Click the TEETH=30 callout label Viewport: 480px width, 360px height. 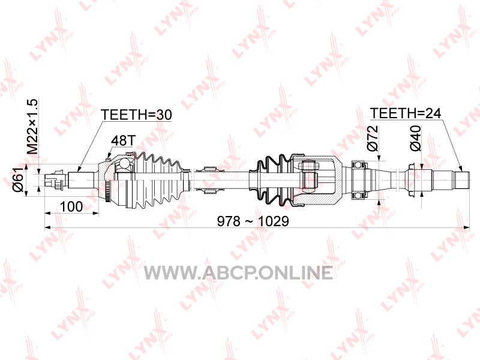tap(136, 115)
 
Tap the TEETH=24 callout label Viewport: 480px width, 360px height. tap(406, 113)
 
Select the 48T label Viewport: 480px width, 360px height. tap(122, 140)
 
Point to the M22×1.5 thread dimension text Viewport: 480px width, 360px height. tap(32, 127)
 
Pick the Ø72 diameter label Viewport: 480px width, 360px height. tap(373, 138)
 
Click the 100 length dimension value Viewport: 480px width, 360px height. tap(71, 206)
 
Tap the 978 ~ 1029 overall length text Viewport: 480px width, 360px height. tap(253, 221)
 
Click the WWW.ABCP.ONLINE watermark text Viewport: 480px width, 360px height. tap(238, 273)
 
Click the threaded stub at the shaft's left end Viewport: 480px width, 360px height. tap(56, 180)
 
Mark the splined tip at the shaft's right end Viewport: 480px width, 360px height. tap(461, 180)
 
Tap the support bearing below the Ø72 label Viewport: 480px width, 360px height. tap(359, 181)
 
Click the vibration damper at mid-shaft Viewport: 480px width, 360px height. tap(209, 181)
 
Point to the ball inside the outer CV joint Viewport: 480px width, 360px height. tap(125, 164)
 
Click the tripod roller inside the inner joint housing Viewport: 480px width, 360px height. tap(310, 180)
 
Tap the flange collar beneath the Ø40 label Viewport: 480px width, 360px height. tap(412, 181)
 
